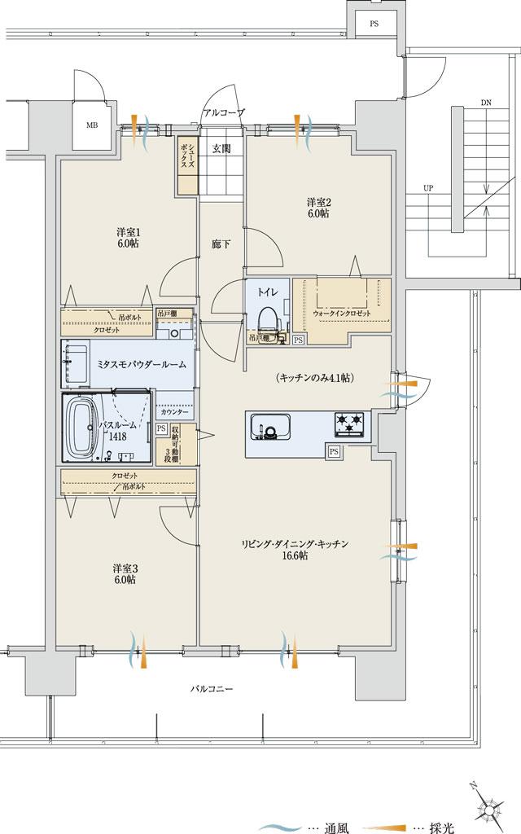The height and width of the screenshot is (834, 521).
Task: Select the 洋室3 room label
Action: (x=124, y=573)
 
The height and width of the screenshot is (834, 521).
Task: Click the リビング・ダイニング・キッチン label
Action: (x=295, y=549)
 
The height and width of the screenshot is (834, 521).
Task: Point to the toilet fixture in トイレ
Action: (x=267, y=319)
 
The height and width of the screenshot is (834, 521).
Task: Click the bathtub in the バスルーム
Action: (x=82, y=427)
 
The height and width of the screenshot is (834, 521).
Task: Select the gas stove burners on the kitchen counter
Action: (x=350, y=423)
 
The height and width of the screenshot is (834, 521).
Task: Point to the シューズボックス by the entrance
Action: (x=187, y=166)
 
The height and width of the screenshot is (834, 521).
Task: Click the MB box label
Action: (x=93, y=125)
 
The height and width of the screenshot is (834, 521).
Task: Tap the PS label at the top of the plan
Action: (x=374, y=24)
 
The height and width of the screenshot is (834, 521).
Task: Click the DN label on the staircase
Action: (x=486, y=103)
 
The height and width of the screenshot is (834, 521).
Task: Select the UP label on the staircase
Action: (x=428, y=188)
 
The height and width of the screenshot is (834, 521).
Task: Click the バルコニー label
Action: (x=212, y=688)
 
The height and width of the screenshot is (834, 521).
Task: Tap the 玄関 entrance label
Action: (x=221, y=148)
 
